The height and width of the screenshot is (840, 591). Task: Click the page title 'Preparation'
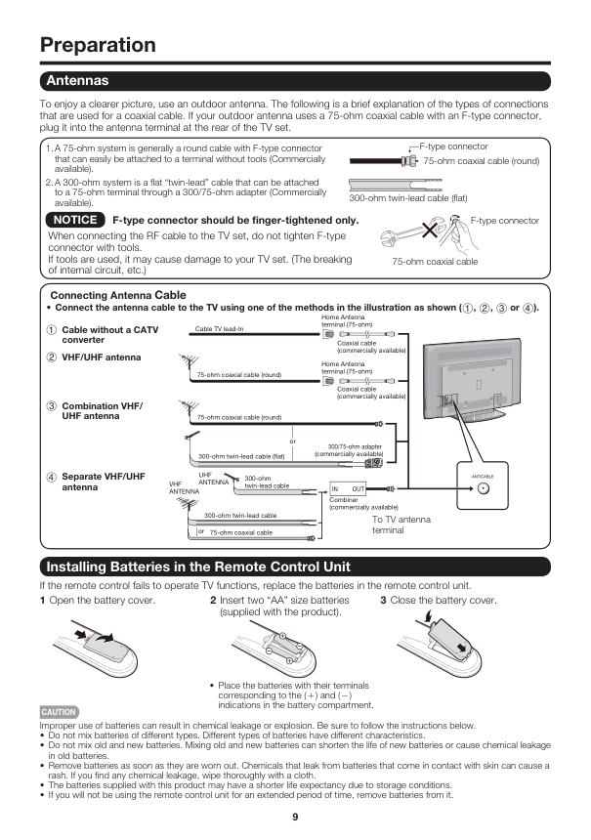(98, 45)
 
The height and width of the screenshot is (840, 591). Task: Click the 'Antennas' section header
(74, 80)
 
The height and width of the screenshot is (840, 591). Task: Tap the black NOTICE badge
(75, 221)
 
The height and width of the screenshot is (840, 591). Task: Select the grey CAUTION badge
(59, 712)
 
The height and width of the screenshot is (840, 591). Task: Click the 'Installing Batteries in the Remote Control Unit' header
(198, 567)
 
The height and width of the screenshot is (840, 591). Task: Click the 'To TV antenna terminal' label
(401, 525)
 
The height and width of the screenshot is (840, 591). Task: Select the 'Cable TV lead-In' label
(220, 329)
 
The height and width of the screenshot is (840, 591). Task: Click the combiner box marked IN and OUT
(348, 487)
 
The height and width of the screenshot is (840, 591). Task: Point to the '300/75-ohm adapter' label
(350, 449)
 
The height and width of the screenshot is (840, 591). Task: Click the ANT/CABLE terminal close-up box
(483, 487)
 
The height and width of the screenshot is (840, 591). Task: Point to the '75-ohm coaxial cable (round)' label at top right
(481, 161)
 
